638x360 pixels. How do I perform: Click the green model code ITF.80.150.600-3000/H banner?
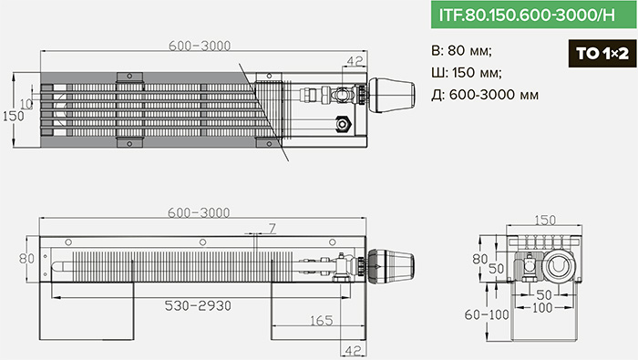click(534, 15)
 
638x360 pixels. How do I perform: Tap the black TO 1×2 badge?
click(602, 53)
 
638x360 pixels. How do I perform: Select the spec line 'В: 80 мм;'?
click(461, 50)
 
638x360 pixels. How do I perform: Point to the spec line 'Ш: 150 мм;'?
click(467, 73)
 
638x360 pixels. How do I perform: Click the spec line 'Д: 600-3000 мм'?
click(485, 95)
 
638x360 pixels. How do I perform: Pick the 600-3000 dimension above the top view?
click(200, 46)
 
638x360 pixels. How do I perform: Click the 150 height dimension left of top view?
click(13, 116)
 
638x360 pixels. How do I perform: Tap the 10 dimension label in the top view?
click(26, 104)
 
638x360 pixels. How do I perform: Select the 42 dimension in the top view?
click(355, 61)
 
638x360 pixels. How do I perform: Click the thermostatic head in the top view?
click(391, 95)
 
